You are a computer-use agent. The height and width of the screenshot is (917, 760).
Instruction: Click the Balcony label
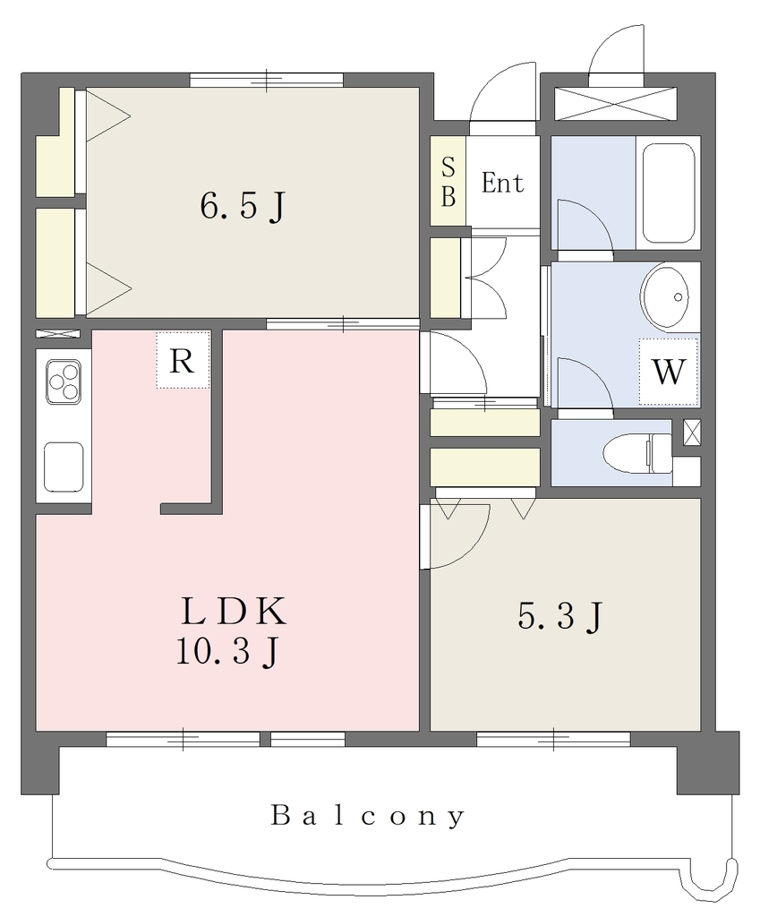[x=368, y=816]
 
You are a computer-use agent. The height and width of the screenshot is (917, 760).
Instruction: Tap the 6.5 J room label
[x=243, y=206]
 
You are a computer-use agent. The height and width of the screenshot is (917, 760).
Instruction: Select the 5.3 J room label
[x=559, y=616]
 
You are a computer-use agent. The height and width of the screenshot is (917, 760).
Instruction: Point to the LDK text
[x=234, y=612]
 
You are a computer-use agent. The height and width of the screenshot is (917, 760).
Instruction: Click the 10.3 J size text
[x=227, y=652]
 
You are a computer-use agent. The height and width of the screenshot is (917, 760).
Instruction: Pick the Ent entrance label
[x=502, y=183]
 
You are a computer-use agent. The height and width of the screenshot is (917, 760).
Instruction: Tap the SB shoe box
[x=448, y=181]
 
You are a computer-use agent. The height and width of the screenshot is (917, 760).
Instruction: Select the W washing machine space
[x=668, y=372]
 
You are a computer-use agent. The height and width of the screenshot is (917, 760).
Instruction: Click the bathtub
[x=669, y=193]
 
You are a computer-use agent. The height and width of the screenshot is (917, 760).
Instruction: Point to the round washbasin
[x=670, y=297]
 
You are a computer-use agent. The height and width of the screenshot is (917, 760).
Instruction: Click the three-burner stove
[x=64, y=381]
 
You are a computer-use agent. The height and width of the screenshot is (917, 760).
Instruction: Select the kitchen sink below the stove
[x=64, y=467]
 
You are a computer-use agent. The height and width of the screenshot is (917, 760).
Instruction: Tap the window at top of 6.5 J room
[x=267, y=80]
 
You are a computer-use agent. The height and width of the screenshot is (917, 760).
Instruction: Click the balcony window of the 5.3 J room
[x=553, y=739]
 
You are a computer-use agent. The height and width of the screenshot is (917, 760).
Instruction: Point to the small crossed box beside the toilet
[x=692, y=433]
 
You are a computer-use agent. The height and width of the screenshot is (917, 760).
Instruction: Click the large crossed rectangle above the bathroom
[x=615, y=104]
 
